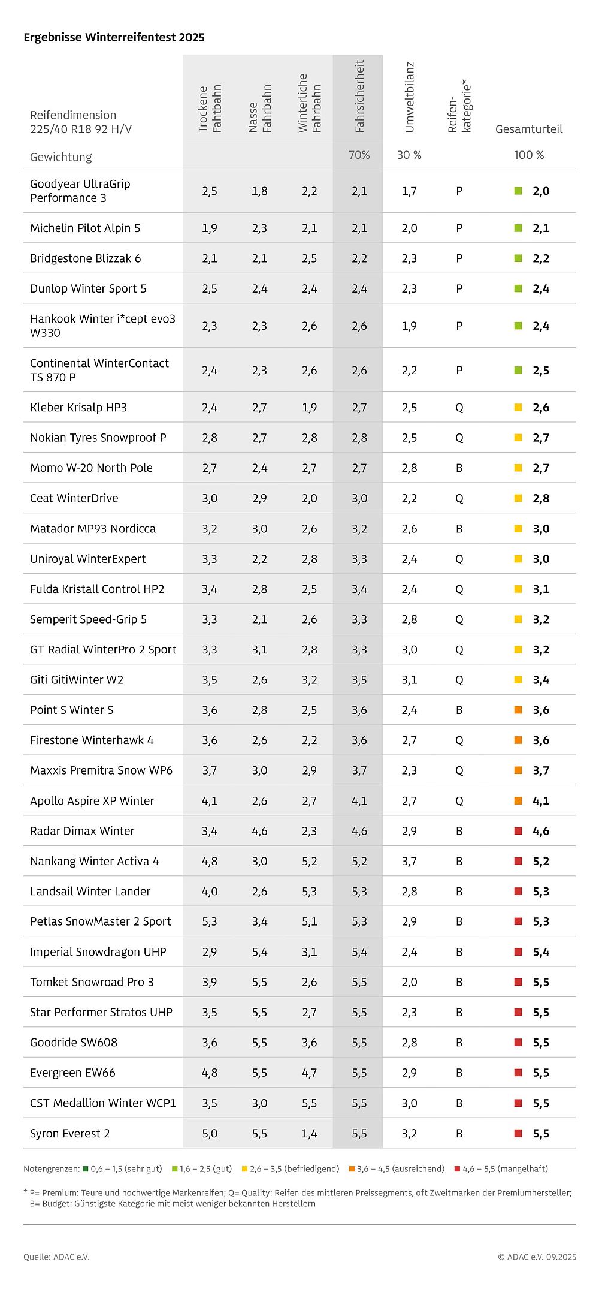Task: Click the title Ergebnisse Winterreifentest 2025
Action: point(114,37)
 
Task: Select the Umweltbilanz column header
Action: point(409,96)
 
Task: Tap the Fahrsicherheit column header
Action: point(359,96)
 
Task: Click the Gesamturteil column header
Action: point(529,129)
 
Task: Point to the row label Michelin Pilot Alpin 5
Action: point(85,228)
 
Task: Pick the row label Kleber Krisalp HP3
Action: point(78,408)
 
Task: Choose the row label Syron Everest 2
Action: point(70,1133)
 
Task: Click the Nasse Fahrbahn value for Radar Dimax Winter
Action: point(259,831)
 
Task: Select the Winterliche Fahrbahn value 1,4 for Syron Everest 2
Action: point(310,1133)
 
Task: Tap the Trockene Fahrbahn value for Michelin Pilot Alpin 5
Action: point(210,228)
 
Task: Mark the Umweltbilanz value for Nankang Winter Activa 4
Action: point(409,861)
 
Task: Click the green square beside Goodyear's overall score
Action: point(519,191)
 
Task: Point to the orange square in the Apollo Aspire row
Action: point(519,800)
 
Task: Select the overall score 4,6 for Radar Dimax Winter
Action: point(541,831)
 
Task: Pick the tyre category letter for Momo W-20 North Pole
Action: point(459,468)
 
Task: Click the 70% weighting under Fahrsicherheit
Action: point(359,155)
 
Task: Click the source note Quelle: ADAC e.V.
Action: point(56,1257)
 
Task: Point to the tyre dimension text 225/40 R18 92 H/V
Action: point(81,129)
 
